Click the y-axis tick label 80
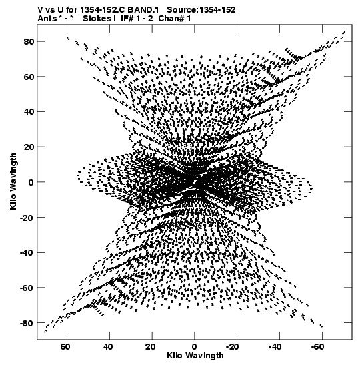pyautogui.click(x=29, y=42)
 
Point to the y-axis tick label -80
pyautogui.click(x=27, y=324)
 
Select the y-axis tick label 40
pyautogui.click(x=29, y=112)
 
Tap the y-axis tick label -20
pyautogui.click(x=27, y=218)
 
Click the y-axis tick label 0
pyautogui.click(x=31, y=183)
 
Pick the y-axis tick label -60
pyautogui.click(x=27, y=288)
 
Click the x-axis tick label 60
pyautogui.click(x=65, y=347)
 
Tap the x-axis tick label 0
pyautogui.click(x=195, y=347)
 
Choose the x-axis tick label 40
pyautogui.click(x=108, y=347)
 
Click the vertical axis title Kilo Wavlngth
pyautogui.click(x=13, y=181)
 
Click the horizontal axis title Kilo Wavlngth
pyautogui.click(x=195, y=356)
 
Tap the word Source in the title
pyautogui.click(x=182, y=10)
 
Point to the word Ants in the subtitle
pyautogui.click(x=47, y=19)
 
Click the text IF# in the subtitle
pyautogui.click(x=127, y=19)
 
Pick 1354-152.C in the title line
pyautogui.click(x=103, y=10)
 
